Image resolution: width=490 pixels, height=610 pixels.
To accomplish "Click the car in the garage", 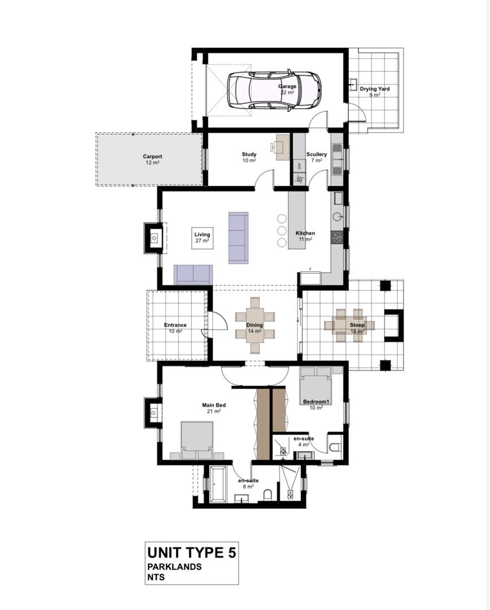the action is (x=274, y=90).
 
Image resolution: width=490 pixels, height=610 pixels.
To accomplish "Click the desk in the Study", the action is (x=283, y=147).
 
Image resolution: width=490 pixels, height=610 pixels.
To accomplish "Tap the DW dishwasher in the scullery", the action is (x=299, y=166).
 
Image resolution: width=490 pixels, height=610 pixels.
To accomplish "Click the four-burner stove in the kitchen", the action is (x=337, y=237).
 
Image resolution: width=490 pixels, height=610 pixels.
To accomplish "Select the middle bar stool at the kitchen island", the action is (x=282, y=230).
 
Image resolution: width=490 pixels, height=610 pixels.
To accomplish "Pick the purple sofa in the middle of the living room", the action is (x=238, y=238).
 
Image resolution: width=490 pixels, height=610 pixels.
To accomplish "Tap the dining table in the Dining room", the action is (x=255, y=325).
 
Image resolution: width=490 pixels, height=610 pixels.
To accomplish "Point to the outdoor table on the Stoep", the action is (x=349, y=325).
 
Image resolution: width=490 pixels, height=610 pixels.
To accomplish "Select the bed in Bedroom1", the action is (x=316, y=386).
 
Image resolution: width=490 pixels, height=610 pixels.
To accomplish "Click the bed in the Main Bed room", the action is (x=197, y=441).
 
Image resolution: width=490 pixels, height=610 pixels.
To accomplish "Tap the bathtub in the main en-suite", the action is (x=218, y=483).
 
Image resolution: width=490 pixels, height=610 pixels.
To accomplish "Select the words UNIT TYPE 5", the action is (x=192, y=552).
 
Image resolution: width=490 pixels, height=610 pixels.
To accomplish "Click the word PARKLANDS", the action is (x=174, y=567).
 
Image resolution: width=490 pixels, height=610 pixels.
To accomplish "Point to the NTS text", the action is (x=156, y=577).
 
